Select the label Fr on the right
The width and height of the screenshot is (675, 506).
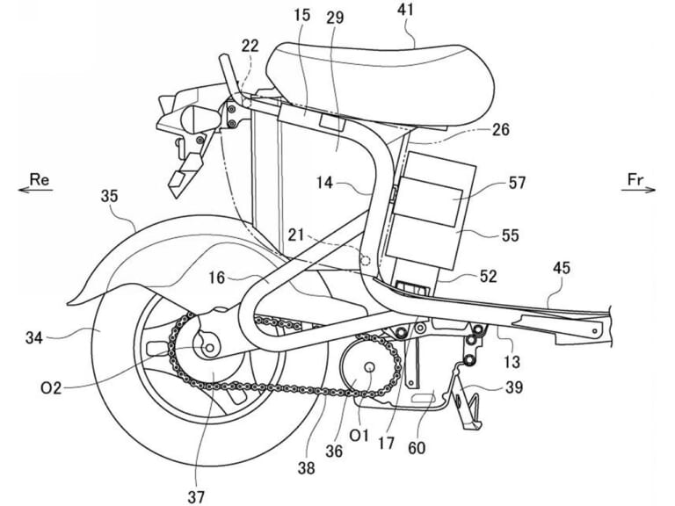click(x=635, y=178)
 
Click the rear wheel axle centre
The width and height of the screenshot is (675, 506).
click(x=212, y=349)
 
